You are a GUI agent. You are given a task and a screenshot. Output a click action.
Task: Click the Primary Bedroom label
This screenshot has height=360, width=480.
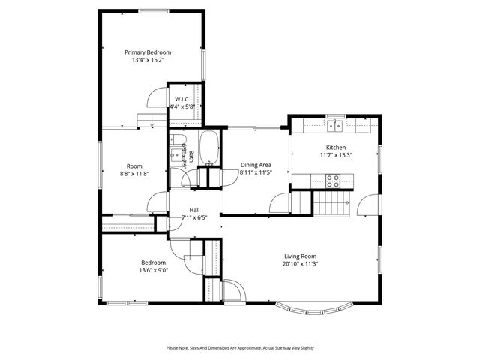coord(148,52)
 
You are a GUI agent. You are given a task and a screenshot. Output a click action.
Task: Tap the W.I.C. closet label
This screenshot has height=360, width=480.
coord(181,99)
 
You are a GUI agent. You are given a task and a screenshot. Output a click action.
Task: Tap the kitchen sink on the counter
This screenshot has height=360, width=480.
coord(335,126)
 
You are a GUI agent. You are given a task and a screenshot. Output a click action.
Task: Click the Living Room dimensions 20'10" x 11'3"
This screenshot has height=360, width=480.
coord(301,263)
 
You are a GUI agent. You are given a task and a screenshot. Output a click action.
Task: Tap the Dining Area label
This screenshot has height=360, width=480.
coord(256,165)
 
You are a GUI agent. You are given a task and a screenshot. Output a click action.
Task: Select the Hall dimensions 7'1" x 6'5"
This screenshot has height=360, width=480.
coord(193,217)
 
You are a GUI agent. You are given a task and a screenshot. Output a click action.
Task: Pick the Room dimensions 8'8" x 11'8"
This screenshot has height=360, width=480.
coord(134,174)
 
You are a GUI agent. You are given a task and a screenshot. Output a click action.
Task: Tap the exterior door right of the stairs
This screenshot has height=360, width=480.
coord(367,204)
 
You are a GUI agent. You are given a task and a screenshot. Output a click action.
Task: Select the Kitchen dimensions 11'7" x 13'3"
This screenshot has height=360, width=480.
coord(335,155)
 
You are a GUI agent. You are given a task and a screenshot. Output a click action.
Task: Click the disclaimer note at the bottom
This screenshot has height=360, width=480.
coord(240,348)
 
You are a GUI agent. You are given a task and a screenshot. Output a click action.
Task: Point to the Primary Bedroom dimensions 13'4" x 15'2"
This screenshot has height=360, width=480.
coord(148,61)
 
